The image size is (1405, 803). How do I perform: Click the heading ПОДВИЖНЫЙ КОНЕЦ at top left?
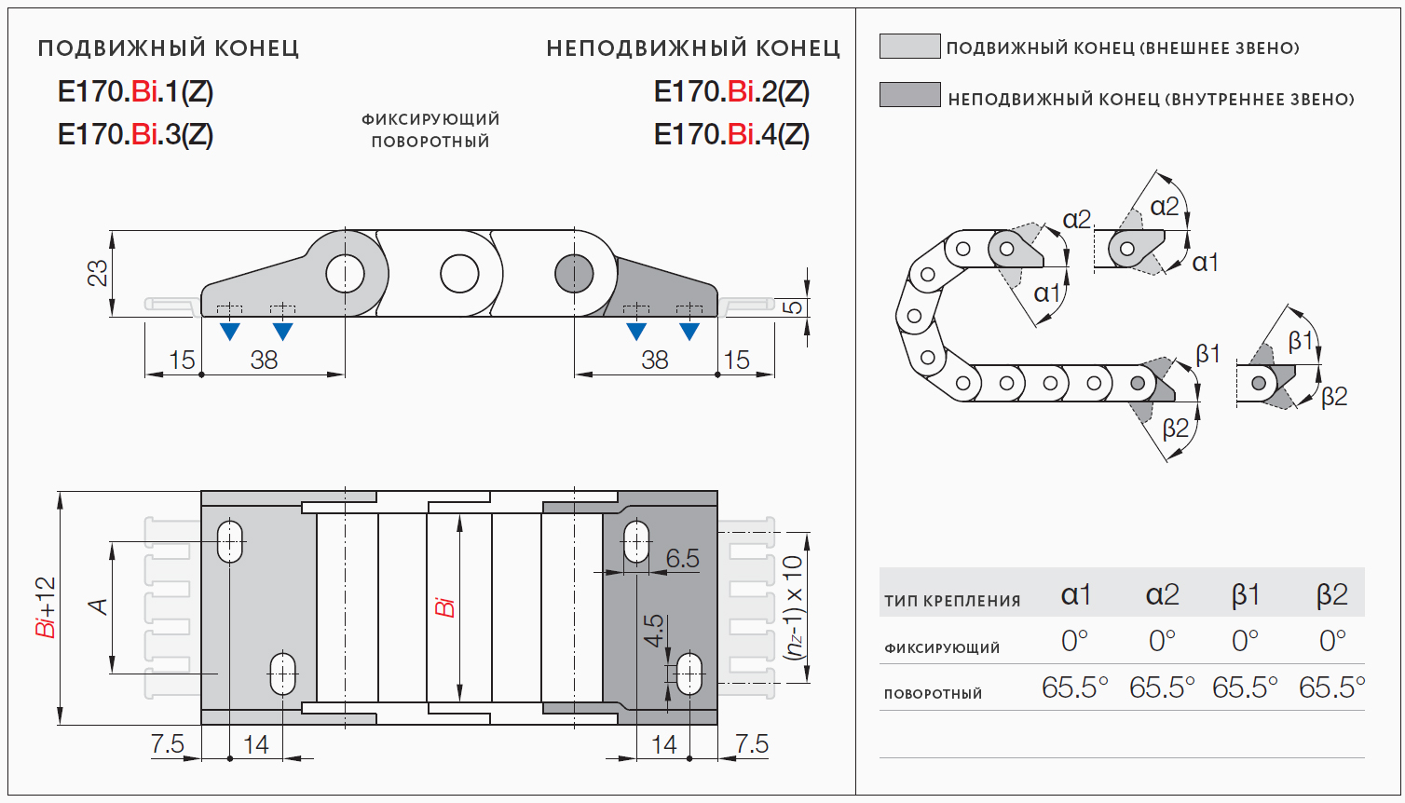point(169,48)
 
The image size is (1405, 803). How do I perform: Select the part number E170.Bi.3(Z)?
point(136,135)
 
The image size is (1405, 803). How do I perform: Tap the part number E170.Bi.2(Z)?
point(731,92)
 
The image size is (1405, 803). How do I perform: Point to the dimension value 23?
point(98,273)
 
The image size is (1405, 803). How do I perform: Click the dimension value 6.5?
point(682,558)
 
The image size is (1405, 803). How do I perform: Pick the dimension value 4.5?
point(654,631)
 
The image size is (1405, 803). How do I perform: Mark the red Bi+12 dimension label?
point(46,607)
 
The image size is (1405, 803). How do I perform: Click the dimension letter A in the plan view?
point(98,607)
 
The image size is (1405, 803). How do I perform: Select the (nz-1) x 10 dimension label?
point(793,607)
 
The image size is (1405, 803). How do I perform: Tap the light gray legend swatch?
point(909,47)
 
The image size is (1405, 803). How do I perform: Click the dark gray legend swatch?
point(909,95)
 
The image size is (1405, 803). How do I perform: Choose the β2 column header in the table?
point(1331,594)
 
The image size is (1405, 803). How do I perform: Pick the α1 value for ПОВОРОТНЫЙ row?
point(1074,687)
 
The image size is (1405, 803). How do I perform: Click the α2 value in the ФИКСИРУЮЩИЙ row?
point(1162,641)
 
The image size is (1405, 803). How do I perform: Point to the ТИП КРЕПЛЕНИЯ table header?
point(952,601)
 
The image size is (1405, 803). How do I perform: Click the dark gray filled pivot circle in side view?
point(574,274)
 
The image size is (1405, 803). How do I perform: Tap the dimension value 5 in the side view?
point(792,306)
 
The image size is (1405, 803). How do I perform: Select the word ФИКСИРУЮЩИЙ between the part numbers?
point(430,119)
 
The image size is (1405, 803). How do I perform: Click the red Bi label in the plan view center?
point(445,607)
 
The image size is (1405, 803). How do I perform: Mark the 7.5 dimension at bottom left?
point(168,744)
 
